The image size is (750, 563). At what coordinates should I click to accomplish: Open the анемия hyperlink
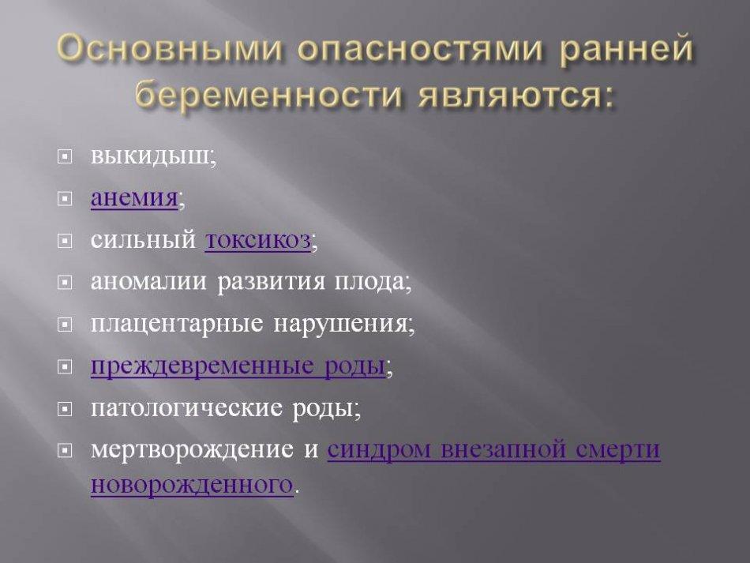point(134,197)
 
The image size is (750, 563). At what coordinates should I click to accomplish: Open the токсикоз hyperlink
point(258,240)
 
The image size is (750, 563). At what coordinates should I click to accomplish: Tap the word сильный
point(143,239)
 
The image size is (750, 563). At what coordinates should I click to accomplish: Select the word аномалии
point(148,281)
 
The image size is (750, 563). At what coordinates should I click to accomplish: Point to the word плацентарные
point(177,325)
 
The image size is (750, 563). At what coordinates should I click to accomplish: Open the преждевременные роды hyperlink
point(238,366)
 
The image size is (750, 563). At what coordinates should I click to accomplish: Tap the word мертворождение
point(192,450)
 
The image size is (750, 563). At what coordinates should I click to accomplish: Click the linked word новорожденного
point(192,485)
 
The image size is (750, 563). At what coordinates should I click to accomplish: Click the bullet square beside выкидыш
point(65,156)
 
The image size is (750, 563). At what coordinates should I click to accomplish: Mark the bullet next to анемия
point(65,198)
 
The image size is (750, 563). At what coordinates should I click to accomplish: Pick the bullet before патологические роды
point(65,409)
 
